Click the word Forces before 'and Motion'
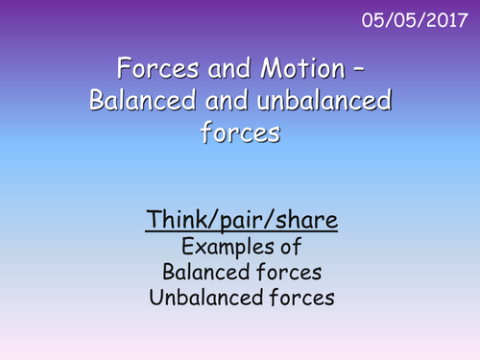[151, 69]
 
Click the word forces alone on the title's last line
[240, 133]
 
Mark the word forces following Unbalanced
[299, 298]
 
